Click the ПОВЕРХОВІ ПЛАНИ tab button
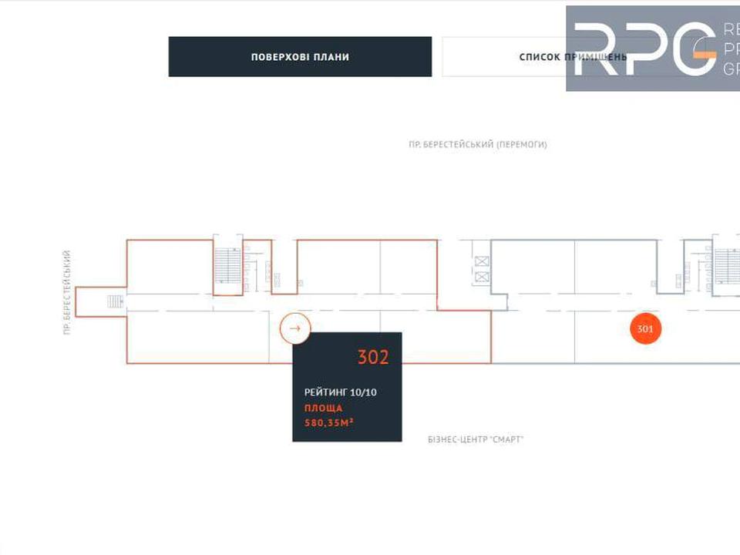pos(300,57)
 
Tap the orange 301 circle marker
pos(646,329)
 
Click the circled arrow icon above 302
pos(294,328)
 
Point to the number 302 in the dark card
pos(373,358)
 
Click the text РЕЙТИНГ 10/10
pos(341,392)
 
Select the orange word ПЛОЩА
pos(324,408)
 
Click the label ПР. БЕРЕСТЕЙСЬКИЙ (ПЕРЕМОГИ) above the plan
pos(478,144)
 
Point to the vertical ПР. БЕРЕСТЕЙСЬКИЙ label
pos(68,292)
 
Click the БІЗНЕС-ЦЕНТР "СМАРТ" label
pos(476,439)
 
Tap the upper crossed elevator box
pos(483,261)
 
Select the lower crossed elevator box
pos(483,277)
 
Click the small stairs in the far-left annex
pos(115,301)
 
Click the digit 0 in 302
pos(373,358)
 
